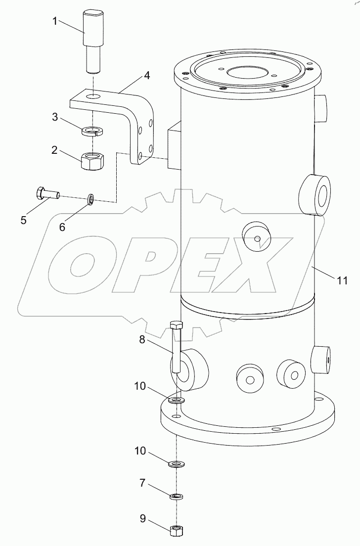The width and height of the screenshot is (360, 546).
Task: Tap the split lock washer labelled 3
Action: (x=93, y=131)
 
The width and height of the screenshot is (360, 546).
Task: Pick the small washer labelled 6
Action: (x=90, y=199)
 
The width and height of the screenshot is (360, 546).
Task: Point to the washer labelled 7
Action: (x=177, y=496)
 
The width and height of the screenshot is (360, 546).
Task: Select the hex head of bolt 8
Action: (x=177, y=325)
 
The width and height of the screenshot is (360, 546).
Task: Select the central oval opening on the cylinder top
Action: (x=246, y=72)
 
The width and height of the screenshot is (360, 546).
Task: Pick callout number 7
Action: (x=142, y=483)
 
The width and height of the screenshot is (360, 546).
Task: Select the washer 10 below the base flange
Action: (x=176, y=464)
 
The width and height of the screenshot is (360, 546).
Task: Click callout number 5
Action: (x=23, y=220)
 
